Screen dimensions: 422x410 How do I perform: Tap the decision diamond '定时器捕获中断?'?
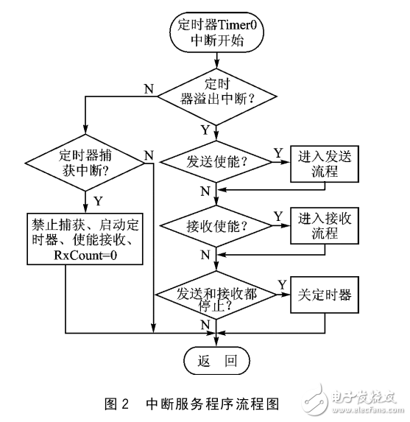[x=86, y=163]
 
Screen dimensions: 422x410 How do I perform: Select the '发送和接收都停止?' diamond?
[x=216, y=298]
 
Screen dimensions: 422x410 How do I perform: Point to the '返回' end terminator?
[x=216, y=362]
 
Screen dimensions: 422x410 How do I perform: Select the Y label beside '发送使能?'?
[x=278, y=152]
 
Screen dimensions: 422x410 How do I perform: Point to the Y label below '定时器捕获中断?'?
[x=97, y=199]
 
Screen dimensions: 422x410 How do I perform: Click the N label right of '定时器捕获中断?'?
[x=149, y=154]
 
